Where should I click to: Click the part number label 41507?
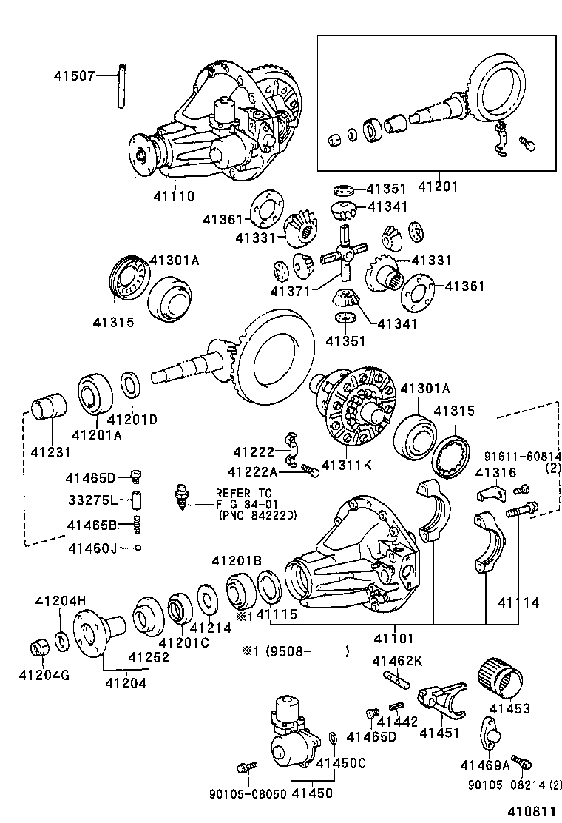[75, 75]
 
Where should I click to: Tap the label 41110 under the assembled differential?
[174, 197]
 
